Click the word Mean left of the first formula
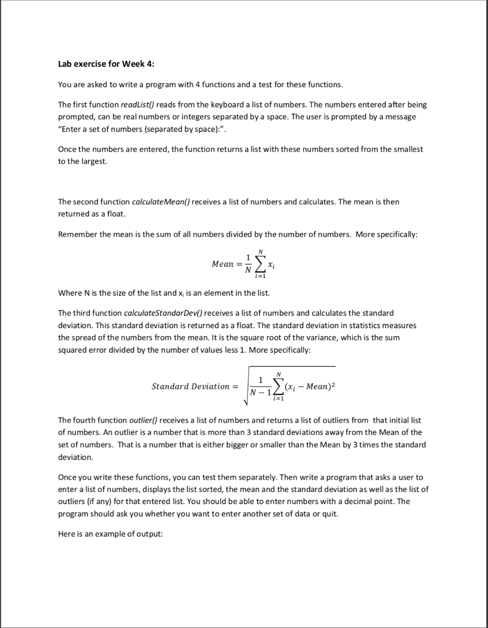[222, 264]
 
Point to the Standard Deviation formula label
[190, 386]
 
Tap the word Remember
[79, 235]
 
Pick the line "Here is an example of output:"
[110, 534]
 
